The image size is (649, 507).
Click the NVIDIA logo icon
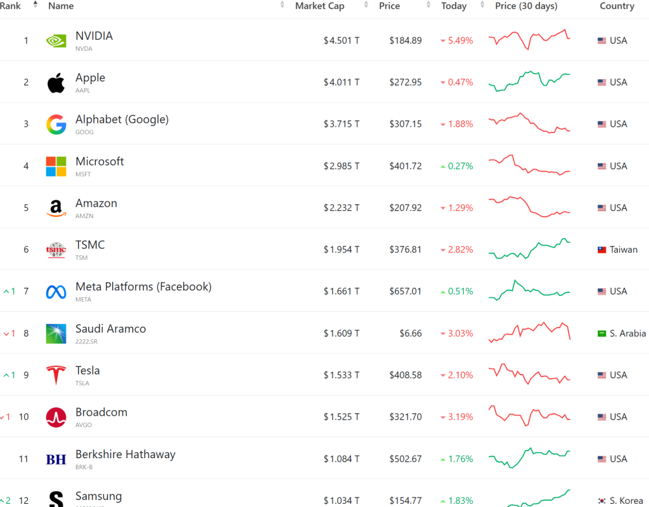pos(56,41)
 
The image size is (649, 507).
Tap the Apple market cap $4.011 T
pos(341,82)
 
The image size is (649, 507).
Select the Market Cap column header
pos(320,6)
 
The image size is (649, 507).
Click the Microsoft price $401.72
pos(406,166)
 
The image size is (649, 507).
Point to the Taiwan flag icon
pos(602,250)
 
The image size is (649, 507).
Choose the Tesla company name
pos(87,370)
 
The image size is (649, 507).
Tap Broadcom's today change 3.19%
pos(460,417)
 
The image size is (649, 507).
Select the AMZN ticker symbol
pos(84,216)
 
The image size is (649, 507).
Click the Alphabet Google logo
pos(56,124)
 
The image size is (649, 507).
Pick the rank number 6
pos(26,250)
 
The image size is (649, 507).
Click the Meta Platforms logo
pos(56,292)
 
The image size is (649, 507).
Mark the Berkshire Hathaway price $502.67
pos(406,459)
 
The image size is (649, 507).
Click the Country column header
pos(617,6)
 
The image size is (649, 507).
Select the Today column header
pos(454,6)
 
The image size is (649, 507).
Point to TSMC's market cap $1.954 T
pos(341,250)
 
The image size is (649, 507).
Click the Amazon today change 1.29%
pos(460,208)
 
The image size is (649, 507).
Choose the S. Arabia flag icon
pos(602,333)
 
